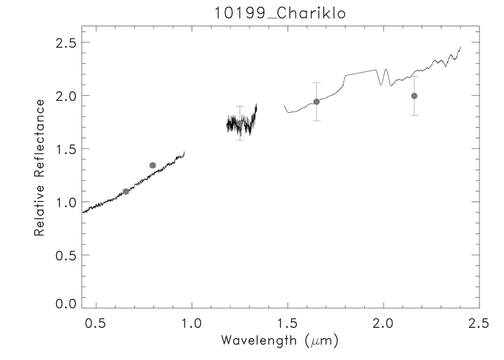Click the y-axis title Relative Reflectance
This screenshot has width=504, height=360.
coord(39,168)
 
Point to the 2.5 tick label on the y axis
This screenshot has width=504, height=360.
coord(63,43)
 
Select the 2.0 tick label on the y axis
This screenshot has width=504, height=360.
coord(63,96)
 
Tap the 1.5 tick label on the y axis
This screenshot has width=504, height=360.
coord(63,149)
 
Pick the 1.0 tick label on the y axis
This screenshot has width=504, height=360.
coord(63,202)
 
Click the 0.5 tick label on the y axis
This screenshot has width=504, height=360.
coord(63,255)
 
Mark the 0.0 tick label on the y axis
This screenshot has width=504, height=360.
coord(63,304)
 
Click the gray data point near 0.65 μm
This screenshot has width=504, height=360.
coord(126,191)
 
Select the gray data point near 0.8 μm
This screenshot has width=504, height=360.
coord(152,165)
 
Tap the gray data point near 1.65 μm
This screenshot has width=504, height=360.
coord(316,102)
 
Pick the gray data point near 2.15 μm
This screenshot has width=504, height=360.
coord(414,96)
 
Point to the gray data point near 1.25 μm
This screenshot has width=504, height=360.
coord(239,124)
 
